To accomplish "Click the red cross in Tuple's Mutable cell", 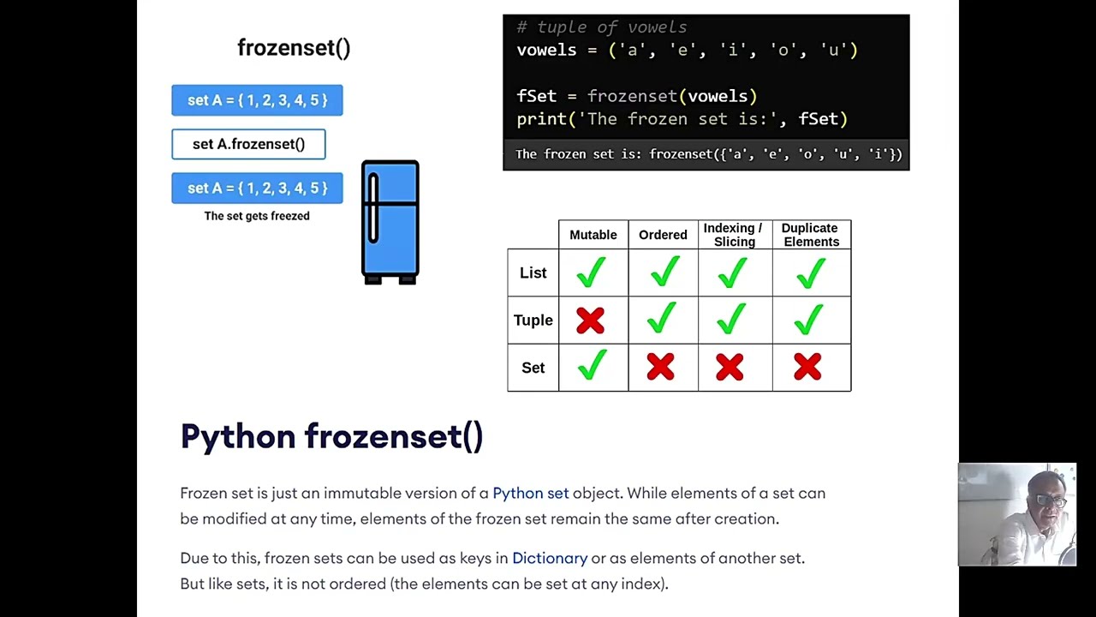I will (x=590, y=320).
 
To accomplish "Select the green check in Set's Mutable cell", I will (x=591, y=365).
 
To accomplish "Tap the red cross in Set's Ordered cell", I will (x=660, y=368).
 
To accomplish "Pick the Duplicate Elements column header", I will (x=810, y=235).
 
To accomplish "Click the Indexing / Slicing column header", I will (x=733, y=235).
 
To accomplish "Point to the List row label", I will (x=533, y=273).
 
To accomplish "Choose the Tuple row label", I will (x=533, y=320).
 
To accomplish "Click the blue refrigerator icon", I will (x=390, y=223).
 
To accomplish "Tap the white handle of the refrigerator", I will (x=373, y=208).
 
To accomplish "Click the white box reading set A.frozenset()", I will (x=248, y=144).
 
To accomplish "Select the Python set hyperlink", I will (x=530, y=493).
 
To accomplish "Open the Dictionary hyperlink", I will (x=550, y=558).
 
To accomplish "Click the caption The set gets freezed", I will (x=257, y=216).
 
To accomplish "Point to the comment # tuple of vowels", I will (x=601, y=27).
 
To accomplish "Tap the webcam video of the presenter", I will (x=1017, y=514).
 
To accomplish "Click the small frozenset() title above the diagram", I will (x=294, y=48).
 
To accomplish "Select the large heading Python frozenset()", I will (x=331, y=436).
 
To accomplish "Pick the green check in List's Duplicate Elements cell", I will (x=809, y=273).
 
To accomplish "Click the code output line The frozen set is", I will (x=708, y=154).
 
